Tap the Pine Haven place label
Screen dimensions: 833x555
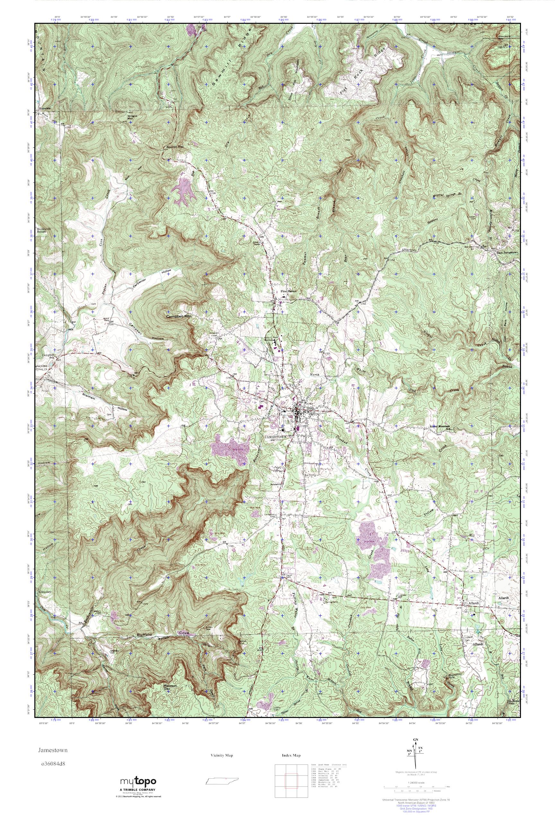click(x=288, y=291)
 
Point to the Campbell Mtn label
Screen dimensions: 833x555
click(x=178, y=317)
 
